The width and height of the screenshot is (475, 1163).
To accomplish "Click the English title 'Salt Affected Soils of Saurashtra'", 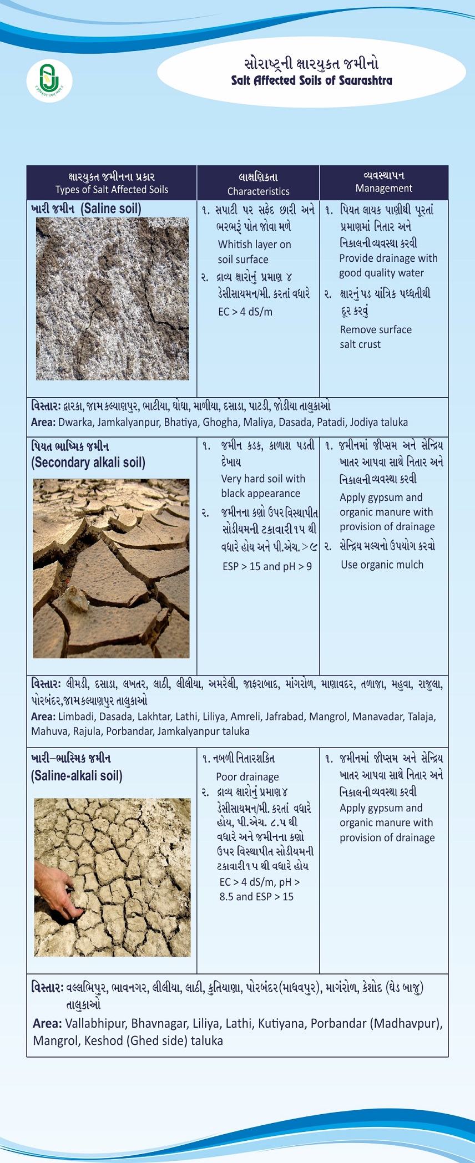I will coord(311,80).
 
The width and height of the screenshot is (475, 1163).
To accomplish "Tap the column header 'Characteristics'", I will coord(258,191).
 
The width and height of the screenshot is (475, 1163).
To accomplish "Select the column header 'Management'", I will coord(383,189).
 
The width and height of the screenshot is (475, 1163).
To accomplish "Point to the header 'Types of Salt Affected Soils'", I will coord(112,190).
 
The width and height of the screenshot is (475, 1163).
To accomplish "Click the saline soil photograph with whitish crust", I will coord(112,298).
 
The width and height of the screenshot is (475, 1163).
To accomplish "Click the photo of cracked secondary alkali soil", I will coord(111,568).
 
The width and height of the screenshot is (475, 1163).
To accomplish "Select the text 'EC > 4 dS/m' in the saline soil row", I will coord(245,312).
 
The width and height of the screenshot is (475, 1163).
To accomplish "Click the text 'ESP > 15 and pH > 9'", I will coord(267,566).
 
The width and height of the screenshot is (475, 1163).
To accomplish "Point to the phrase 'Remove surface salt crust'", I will coord(376,337).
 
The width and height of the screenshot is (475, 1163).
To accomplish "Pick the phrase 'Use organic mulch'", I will coord(382,565).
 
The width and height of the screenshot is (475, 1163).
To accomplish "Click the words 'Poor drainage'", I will coord(247,777).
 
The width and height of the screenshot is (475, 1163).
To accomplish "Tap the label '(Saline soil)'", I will coord(111,209).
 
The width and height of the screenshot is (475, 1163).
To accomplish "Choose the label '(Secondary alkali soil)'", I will coord(88,463).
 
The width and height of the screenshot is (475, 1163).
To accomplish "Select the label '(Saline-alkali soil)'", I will coord(77,776).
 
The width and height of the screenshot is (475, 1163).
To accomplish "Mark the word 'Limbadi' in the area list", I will coord(77,717).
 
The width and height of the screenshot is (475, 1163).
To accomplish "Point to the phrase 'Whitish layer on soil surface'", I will coord(254,252).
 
